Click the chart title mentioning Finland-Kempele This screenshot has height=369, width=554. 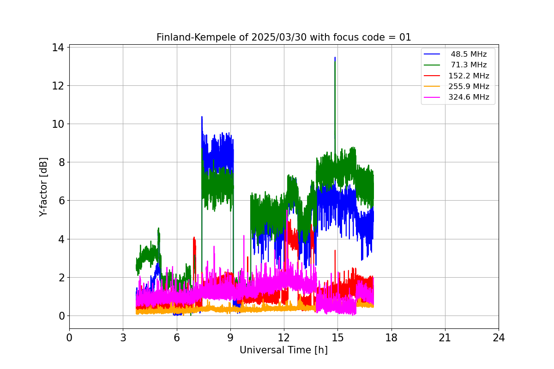click(x=283, y=37)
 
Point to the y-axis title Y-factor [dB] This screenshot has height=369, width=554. click(x=43, y=187)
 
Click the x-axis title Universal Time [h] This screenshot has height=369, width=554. click(x=283, y=350)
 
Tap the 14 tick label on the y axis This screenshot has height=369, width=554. click(x=59, y=47)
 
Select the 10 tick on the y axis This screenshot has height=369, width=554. click(x=59, y=124)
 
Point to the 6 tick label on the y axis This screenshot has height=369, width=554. click(x=61, y=201)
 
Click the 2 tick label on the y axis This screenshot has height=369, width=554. click(x=61, y=277)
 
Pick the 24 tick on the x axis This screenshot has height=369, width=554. click(x=499, y=338)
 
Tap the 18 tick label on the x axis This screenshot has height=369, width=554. click(x=391, y=338)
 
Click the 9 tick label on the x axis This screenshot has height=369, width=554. click(x=230, y=338)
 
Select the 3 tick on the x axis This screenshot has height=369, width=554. click(x=123, y=338)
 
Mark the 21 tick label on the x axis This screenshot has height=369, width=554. click(x=445, y=338)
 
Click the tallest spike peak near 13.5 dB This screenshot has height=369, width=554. click(x=335, y=58)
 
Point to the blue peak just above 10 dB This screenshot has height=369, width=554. click(x=202, y=117)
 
